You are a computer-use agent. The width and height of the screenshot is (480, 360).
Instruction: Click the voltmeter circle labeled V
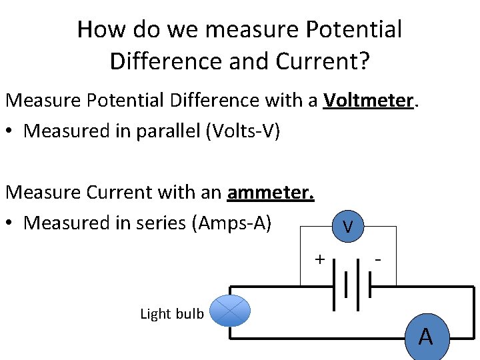(x=348, y=226)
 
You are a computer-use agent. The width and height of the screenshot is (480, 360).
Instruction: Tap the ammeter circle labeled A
(x=427, y=337)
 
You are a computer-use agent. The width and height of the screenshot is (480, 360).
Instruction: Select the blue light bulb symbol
(x=230, y=311)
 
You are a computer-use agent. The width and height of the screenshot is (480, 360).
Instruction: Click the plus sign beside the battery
(x=319, y=259)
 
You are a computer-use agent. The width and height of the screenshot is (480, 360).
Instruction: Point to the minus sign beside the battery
(x=378, y=260)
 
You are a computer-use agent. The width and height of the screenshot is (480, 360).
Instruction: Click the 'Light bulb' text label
(x=172, y=314)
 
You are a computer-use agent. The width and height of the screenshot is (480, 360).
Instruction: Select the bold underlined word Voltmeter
(x=368, y=100)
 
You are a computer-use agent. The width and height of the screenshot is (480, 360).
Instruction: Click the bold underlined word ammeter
(x=271, y=193)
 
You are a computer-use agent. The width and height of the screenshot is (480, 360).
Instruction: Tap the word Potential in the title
(x=353, y=29)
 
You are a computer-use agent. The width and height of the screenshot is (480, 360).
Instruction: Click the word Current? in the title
(x=323, y=61)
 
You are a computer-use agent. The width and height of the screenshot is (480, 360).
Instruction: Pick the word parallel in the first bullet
(x=168, y=131)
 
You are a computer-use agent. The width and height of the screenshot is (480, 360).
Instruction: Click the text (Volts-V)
(x=243, y=131)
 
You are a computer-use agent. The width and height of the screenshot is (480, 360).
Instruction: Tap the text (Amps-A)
(x=232, y=223)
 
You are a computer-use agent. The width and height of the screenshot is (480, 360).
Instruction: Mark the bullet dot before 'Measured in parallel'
(x=9, y=131)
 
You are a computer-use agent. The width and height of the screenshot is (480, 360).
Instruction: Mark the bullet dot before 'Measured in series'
(x=9, y=223)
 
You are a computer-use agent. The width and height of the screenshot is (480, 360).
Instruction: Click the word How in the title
(x=101, y=29)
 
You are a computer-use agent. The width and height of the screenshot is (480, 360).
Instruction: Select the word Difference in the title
(x=166, y=61)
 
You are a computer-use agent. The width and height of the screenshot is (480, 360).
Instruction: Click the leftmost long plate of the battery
(x=334, y=285)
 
